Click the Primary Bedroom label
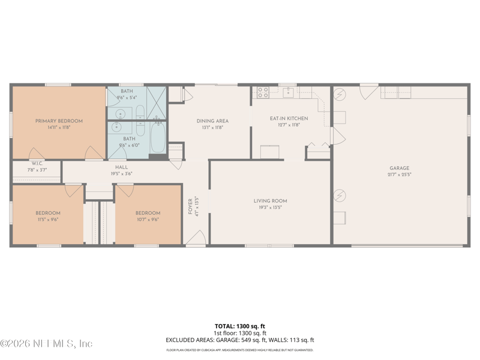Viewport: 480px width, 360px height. click(x=59, y=121)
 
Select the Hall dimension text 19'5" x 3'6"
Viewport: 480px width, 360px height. click(x=121, y=173)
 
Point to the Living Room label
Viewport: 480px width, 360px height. click(x=270, y=201)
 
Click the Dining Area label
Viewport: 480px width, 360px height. click(x=212, y=121)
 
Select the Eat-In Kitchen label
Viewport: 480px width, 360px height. click(x=289, y=118)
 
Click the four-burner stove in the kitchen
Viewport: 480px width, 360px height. click(x=263, y=92)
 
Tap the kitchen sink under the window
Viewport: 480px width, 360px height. click(x=289, y=92)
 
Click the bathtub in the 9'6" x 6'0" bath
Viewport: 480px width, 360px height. click(x=158, y=138)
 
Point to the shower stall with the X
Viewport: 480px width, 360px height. click(x=156, y=103)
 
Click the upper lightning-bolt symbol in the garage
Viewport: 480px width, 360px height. click(x=340, y=95)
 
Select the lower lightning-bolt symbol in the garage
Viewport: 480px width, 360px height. click(x=340, y=196)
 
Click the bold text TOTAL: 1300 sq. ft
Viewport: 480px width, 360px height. click(x=240, y=326)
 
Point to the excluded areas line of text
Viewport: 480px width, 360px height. click(x=240, y=340)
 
